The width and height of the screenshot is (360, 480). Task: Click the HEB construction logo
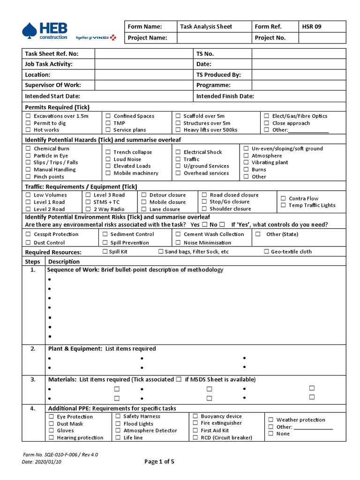pos(45,31)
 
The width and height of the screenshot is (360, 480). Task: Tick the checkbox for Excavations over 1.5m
pos(28,116)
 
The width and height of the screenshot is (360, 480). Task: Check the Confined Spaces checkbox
pos(108,116)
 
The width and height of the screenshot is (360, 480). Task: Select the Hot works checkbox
pos(28,130)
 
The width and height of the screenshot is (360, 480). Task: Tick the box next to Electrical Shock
pos(178,152)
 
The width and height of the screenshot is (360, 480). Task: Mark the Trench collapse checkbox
pos(108,152)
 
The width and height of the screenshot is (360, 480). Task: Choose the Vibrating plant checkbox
pos(246,163)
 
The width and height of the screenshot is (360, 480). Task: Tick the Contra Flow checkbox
pos(283,198)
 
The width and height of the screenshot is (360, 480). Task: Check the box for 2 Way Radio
pos(88,209)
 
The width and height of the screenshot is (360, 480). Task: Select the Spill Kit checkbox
pos(105,252)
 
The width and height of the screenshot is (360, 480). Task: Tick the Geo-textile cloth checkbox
pos(266,252)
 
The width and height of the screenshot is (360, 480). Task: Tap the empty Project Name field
pos(213,38)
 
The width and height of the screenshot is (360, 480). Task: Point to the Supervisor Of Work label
pos(53,85)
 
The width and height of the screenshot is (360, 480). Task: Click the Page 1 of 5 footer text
pos(159,462)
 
